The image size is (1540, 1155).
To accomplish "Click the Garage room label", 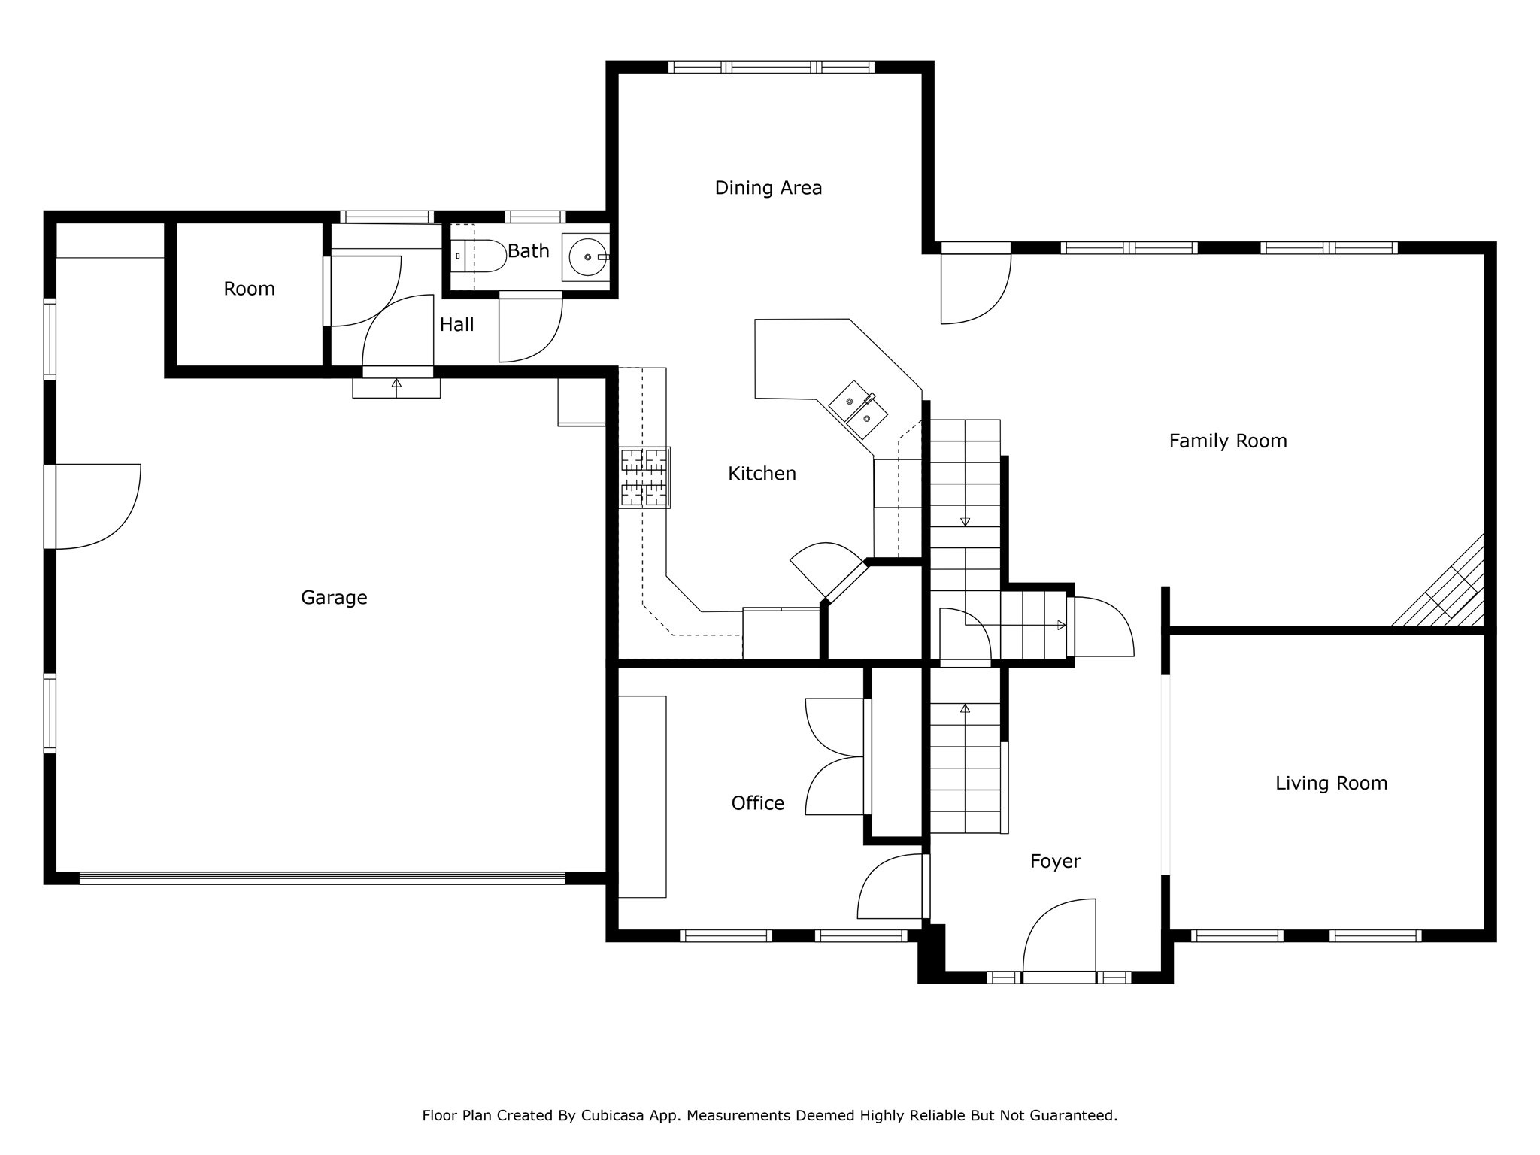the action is (x=334, y=598).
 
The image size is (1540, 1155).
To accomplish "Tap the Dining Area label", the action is (x=768, y=188).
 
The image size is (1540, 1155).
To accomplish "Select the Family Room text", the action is (x=1228, y=441).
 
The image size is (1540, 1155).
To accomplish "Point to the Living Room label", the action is (x=1331, y=784).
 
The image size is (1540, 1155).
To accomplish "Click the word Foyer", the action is (x=1055, y=862).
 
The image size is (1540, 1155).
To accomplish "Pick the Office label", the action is (x=758, y=803).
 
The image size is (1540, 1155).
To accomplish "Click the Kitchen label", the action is (x=762, y=474).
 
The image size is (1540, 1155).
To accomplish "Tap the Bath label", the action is (x=529, y=251).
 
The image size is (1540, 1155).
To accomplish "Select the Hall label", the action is (x=457, y=325).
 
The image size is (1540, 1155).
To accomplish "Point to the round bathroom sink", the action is (x=587, y=257).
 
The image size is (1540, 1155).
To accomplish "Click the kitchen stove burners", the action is (x=644, y=477).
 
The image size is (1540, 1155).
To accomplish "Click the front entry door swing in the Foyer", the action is (x=1059, y=936).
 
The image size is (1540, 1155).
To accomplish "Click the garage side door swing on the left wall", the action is (x=93, y=506).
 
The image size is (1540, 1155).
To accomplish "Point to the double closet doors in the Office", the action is (x=835, y=756).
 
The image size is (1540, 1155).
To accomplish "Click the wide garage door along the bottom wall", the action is (x=322, y=878).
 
